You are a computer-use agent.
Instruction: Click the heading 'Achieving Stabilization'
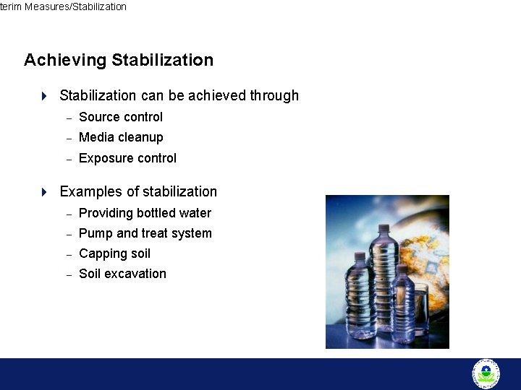click(119, 60)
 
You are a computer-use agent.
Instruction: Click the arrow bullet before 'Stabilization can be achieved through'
click(44, 96)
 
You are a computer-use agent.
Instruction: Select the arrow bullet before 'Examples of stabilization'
click(44, 192)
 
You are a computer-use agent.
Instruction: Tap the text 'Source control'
click(120, 117)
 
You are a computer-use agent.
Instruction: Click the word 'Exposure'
click(102, 158)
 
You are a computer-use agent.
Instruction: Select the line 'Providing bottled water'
click(145, 213)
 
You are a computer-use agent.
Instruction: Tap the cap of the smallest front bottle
click(400, 268)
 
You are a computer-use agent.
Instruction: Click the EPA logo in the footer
click(486, 373)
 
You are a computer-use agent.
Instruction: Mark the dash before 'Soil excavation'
click(69, 274)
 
